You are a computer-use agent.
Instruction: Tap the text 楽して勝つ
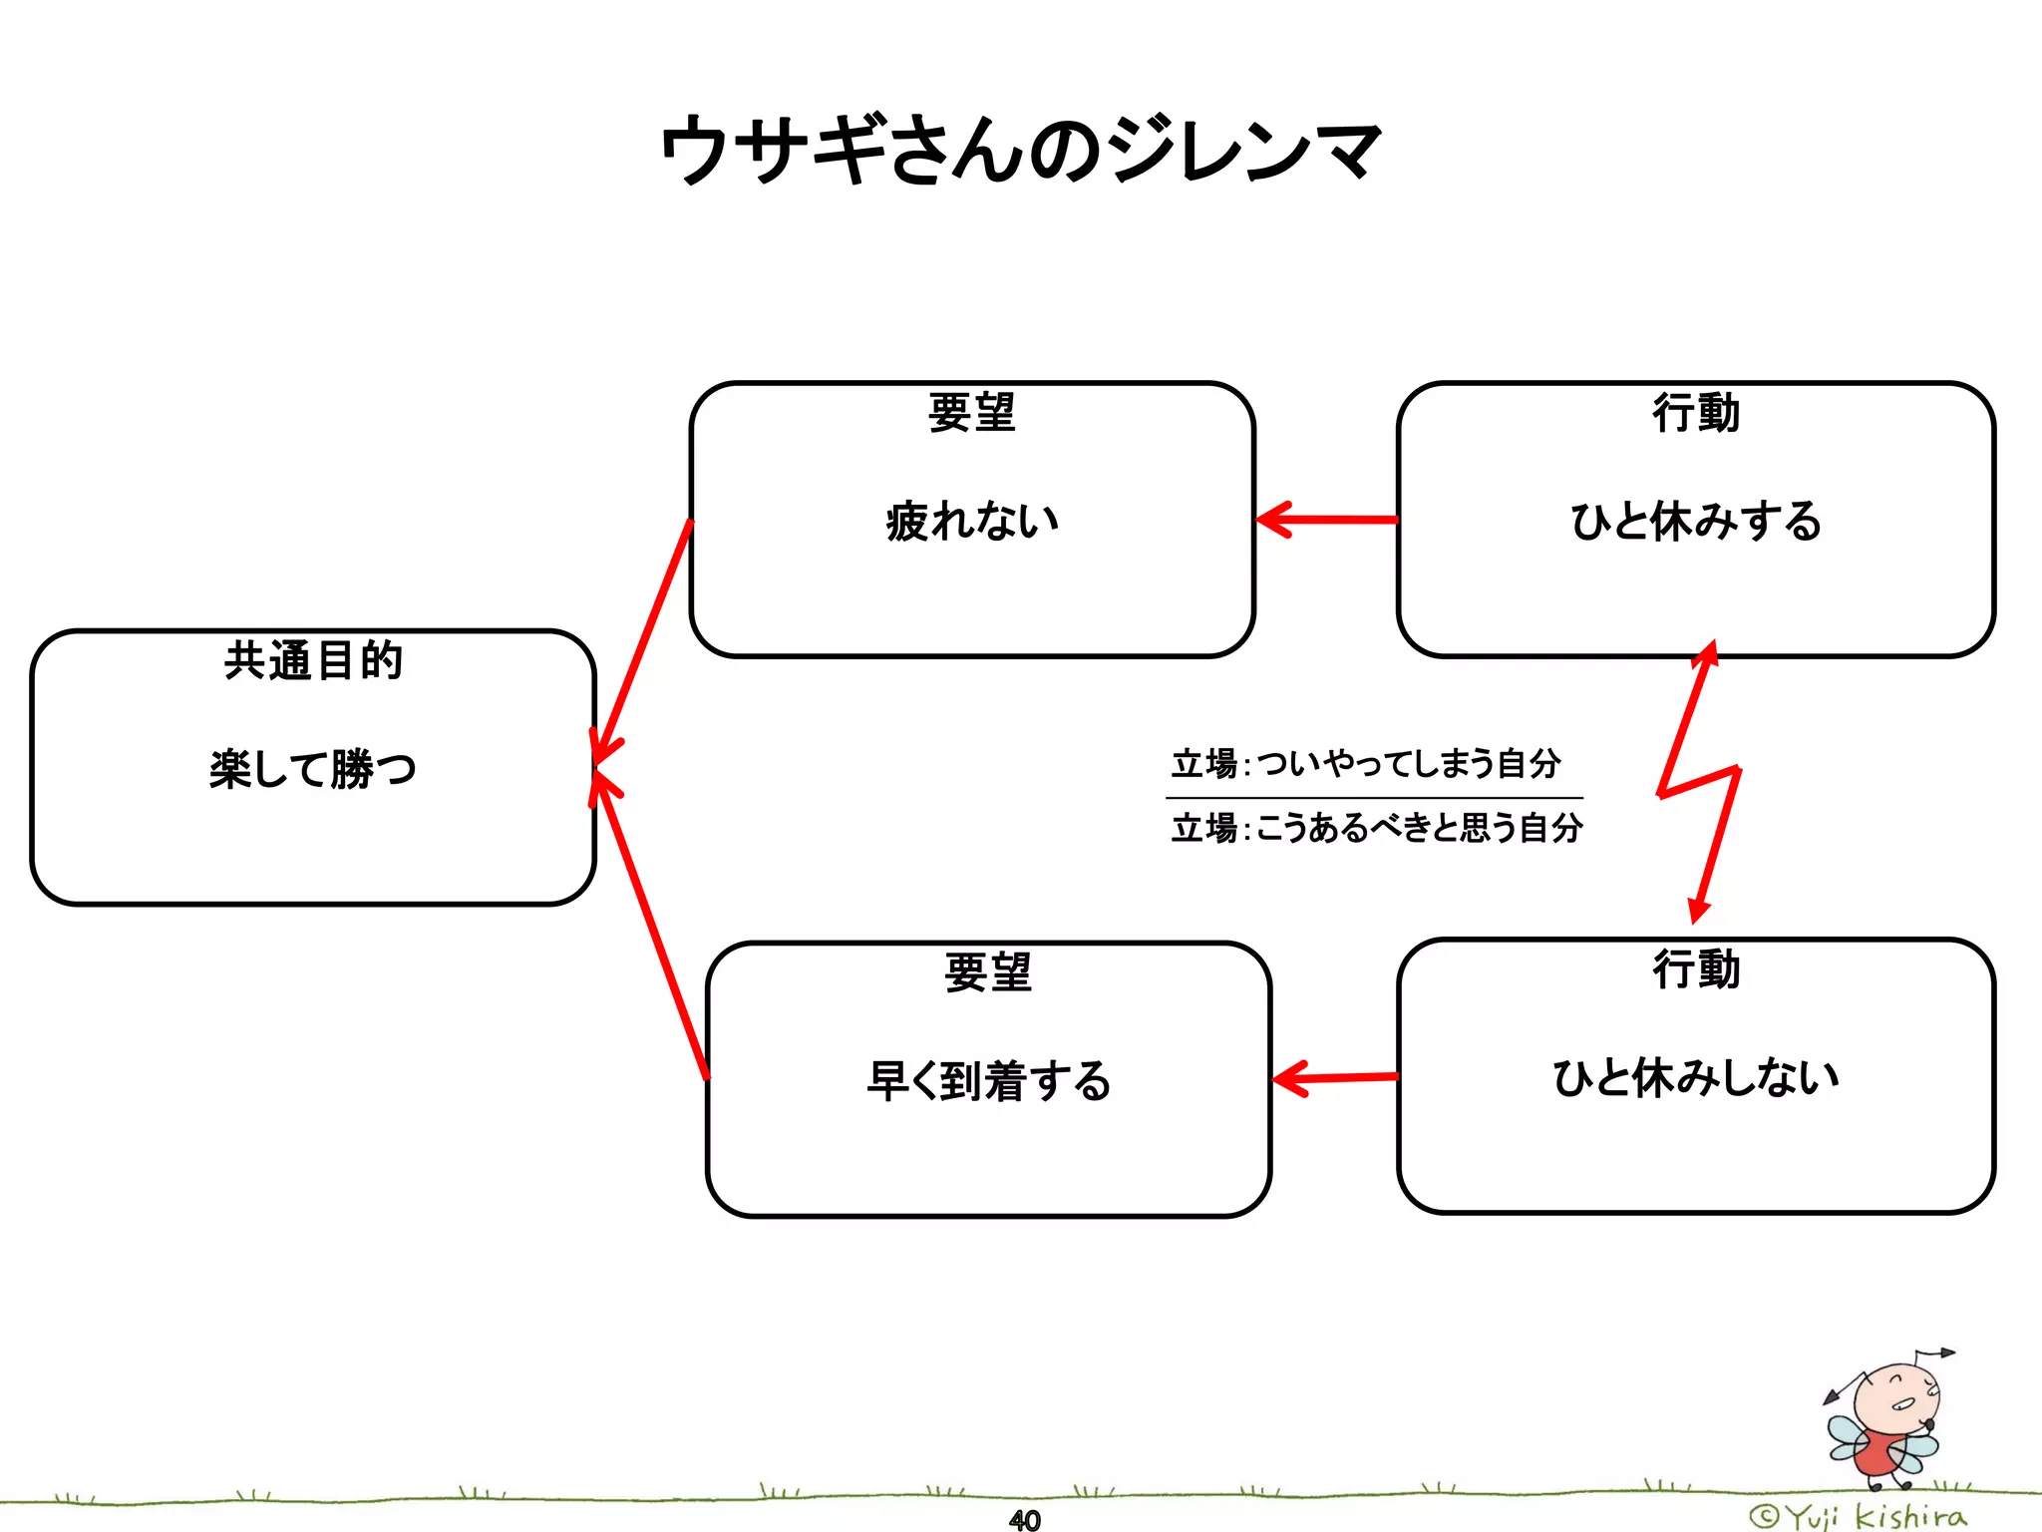(x=312, y=769)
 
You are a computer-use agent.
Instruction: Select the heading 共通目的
(x=312, y=660)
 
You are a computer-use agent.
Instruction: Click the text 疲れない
(x=972, y=521)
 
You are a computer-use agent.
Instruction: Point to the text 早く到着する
(x=988, y=1081)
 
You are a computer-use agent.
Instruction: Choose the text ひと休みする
(x=1695, y=521)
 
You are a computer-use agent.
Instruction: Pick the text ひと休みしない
(x=1695, y=1077)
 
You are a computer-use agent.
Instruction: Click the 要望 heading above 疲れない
(x=972, y=413)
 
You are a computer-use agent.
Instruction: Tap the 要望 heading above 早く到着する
(x=988, y=972)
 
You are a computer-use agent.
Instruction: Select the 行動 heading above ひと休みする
(x=1695, y=413)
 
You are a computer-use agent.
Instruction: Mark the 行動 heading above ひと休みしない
(x=1695, y=969)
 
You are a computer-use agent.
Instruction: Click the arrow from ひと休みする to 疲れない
(x=1326, y=520)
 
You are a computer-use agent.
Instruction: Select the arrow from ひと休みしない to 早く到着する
(x=1336, y=1078)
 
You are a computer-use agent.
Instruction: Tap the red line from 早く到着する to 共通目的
(x=650, y=928)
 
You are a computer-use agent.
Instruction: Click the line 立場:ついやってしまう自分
(x=1366, y=764)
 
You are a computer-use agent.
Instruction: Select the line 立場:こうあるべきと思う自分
(x=1376, y=828)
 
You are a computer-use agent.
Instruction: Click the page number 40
(x=1024, y=1520)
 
